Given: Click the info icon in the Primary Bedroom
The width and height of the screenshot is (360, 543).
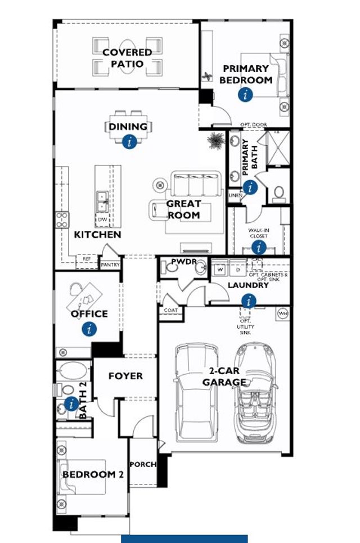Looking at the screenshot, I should (x=245, y=95).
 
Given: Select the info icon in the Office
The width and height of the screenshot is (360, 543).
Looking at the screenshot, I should (x=88, y=329).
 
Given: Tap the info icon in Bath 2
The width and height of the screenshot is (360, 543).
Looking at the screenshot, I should (x=71, y=403).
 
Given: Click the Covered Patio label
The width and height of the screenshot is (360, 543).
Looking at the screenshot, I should (x=127, y=58).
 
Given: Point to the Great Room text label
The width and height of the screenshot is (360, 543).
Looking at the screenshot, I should (x=183, y=209).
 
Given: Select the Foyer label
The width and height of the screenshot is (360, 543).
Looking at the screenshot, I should (x=125, y=376).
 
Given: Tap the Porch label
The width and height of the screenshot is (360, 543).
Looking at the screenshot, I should (x=143, y=465).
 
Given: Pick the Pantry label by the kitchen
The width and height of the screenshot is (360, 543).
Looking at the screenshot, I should (x=110, y=264).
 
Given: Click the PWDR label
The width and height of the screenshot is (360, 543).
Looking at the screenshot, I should (x=183, y=262).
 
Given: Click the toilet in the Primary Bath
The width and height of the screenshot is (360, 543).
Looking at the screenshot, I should (x=278, y=194).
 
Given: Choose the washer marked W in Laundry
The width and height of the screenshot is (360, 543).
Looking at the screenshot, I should (x=220, y=270).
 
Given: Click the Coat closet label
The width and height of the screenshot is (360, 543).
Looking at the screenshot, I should (x=170, y=311).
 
